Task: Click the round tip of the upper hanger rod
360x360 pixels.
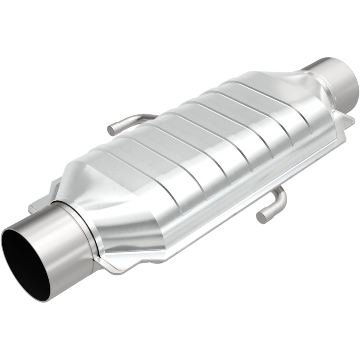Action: coord(111,131)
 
